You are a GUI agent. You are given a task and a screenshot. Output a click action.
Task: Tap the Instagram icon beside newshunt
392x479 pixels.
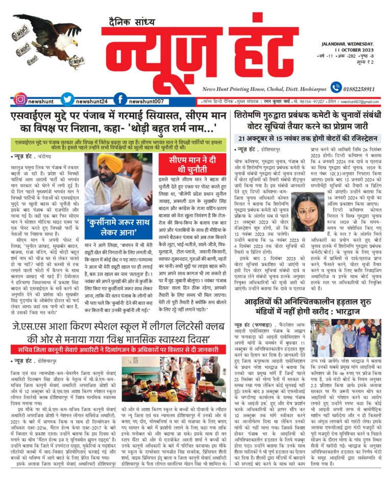click(x=20, y=99)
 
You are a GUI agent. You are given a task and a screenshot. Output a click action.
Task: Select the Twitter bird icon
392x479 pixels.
click(x=67, y=99)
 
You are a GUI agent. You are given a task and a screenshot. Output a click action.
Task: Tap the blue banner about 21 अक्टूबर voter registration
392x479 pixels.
click(x=309, y=138)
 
